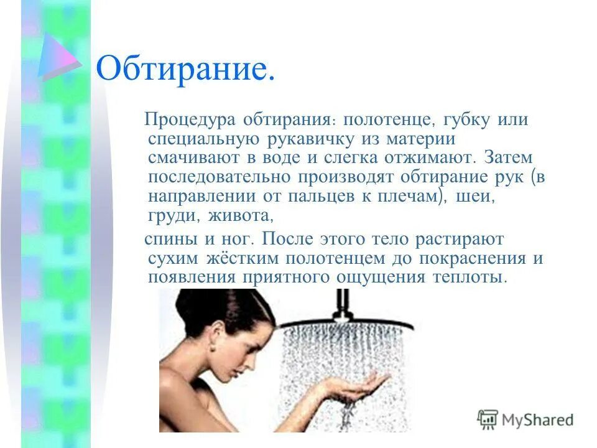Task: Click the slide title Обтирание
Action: [x=185, y=70]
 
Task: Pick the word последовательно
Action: [x=220, y=176]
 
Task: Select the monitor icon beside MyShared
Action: [x=488, y=419]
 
